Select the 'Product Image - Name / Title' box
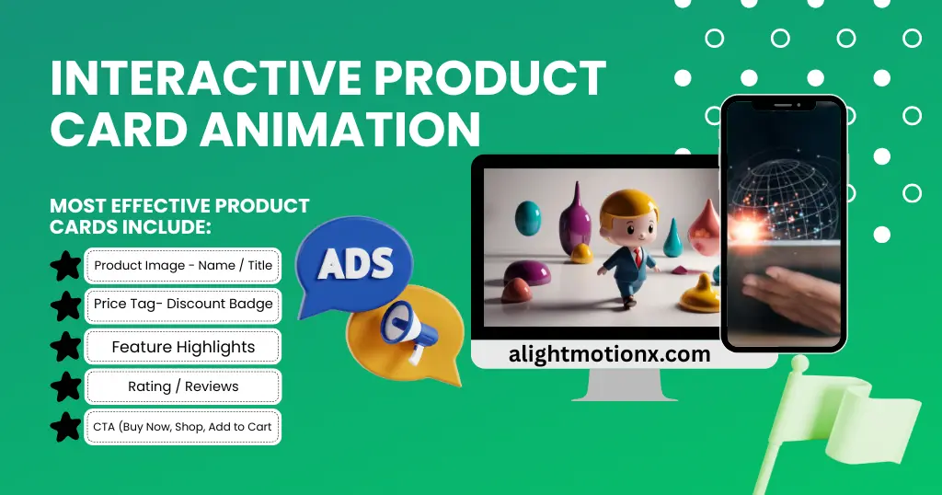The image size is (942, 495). tap(183, 265)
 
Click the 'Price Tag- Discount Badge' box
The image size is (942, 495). tap(183, 305)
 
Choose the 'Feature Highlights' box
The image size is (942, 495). tap(183, 347)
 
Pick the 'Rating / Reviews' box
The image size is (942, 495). tap(183, 386)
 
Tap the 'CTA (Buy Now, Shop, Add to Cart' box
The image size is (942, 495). tap(183, 427)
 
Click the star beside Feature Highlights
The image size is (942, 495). tap(65, 347)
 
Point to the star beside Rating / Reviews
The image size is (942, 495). tap(65, 386)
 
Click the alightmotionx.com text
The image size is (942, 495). tap(609, 354)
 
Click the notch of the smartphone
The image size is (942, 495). tap(783, 104)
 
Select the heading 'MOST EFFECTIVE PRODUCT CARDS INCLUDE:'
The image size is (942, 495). tap(179, 215)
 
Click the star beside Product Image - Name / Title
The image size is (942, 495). tap(65, 266)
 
